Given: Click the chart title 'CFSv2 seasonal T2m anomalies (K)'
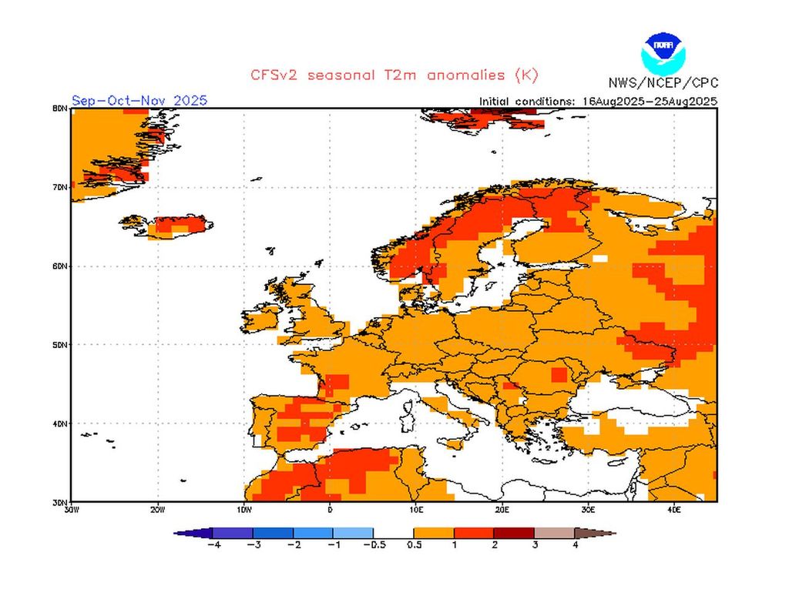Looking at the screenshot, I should pyautogui.click(x=394, y=75).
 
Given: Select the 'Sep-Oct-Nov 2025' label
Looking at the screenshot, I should pyautogui.click(x=139, y=101).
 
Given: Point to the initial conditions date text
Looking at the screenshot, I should pyautogui.click(x=598, y=101).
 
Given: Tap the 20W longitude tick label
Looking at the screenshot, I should pyautogui.click(x=157, y=509).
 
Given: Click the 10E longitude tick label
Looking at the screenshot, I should pyautogui.click(x=416, y=509).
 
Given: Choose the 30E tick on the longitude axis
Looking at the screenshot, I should pyautogui.click(x=588, y=509).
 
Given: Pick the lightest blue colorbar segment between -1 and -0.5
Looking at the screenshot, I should pyautogui.click(x=353, y=533).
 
